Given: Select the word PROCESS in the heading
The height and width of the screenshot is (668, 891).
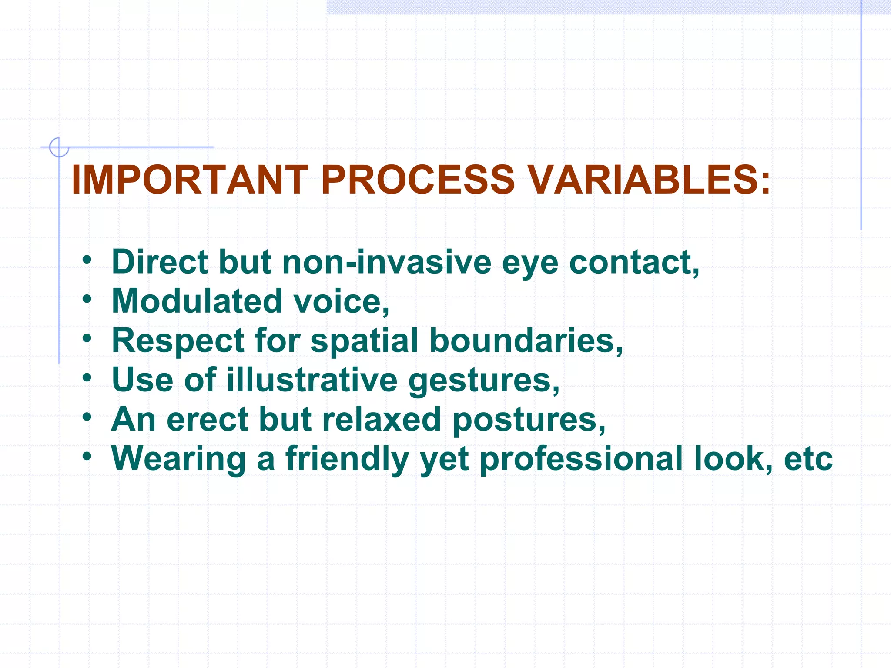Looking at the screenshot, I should (418, 180).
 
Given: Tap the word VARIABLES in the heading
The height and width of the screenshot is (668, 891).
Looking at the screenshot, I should (648, 180).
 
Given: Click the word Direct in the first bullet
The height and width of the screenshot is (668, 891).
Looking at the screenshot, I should (159, 262).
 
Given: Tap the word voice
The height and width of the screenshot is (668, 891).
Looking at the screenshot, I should (341, 301).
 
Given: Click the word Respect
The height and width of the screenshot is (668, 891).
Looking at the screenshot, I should (178, 341).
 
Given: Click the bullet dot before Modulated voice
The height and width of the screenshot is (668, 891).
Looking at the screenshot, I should (87, 299).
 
